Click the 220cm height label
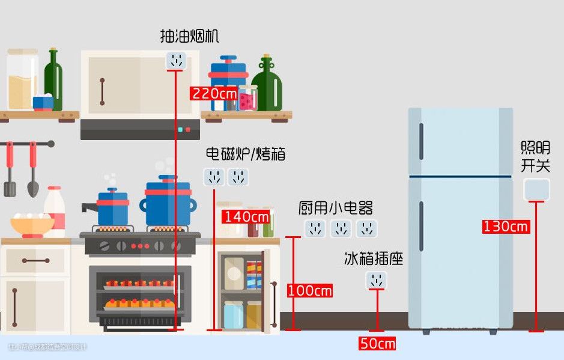214,94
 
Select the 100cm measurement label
309,291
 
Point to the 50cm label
377,344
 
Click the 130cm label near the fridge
506,227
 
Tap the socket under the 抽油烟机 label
176,60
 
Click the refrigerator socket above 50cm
377,280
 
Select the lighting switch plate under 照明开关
536,189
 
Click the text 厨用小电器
336,209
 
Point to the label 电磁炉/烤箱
245,154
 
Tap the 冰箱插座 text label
373,259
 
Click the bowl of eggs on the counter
32,224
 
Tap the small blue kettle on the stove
112,208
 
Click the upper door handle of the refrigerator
421,142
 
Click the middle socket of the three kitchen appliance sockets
341,228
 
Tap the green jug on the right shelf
267,85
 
